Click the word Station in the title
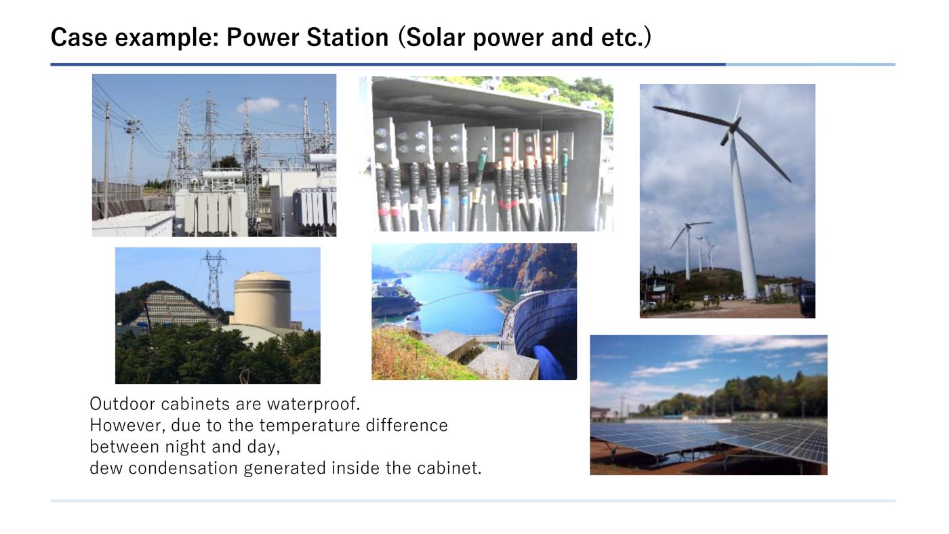coord(347,37)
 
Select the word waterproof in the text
coord(313,405)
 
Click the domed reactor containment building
coord(262,300)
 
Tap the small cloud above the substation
coord(258,104)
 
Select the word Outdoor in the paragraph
coord(123,404)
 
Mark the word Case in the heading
coord(79,37)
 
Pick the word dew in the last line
coord(106,468)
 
